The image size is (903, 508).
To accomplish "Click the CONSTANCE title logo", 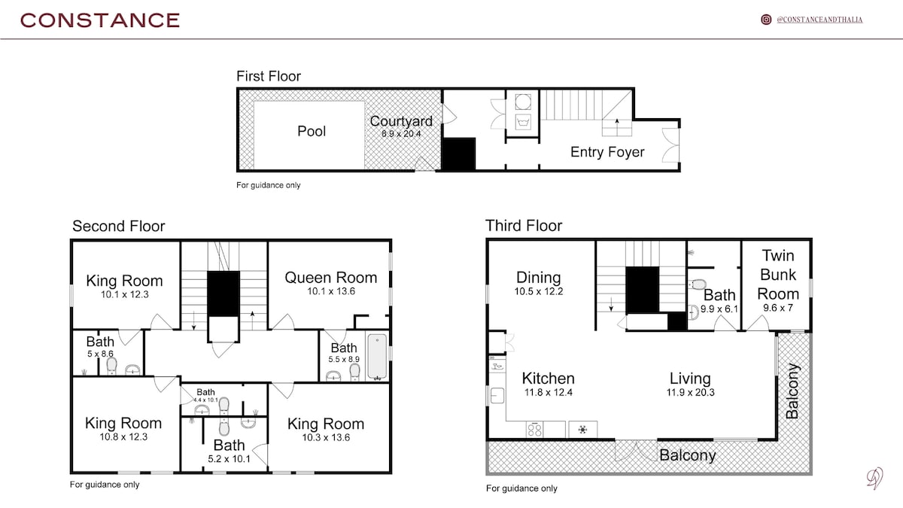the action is click(100, 20).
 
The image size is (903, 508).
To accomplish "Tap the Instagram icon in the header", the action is click(766, 20).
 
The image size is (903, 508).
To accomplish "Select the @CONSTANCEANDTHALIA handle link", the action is click(819, 20).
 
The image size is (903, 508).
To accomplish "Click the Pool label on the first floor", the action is click(312, 131).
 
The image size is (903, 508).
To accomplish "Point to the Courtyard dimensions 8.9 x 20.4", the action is click(401, 133).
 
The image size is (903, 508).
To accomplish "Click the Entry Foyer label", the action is click(607, 152).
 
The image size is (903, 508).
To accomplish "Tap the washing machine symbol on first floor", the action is click(523, 122).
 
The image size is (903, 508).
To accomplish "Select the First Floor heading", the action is click(269, 76).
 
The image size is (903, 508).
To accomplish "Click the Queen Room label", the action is click(330, 278).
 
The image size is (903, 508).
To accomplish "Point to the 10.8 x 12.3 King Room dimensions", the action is click(123, 437).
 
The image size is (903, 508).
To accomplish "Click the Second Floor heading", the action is click(119, 227).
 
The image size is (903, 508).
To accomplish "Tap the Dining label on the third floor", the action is click(539, 278).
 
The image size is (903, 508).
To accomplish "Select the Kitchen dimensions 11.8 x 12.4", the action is click(549, 392).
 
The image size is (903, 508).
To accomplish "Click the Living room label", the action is click(690, 379).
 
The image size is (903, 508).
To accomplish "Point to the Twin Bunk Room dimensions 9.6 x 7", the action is click(778, 308).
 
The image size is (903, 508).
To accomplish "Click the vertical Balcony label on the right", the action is click(792, 391).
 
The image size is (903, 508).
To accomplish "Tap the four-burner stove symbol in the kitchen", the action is click(534, 430).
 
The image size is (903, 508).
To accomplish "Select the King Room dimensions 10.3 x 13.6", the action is click(326, 437).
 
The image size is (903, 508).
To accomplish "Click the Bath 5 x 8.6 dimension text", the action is click(100, 354).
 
